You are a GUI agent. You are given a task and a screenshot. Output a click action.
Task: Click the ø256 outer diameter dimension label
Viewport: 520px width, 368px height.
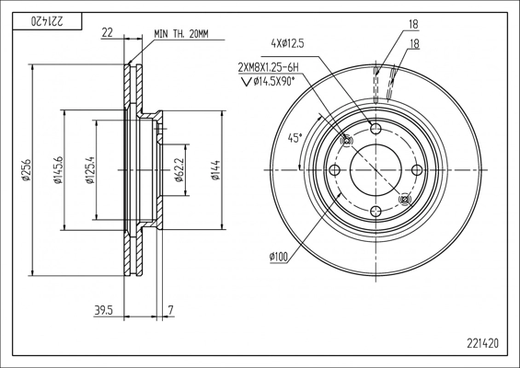(26, 170)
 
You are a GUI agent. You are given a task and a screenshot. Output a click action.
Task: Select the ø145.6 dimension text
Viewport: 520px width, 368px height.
(58, 170)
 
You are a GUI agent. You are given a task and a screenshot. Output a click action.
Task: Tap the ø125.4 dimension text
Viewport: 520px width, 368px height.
(90, 170)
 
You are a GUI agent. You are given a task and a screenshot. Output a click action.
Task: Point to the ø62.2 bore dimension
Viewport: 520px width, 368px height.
(179, 170)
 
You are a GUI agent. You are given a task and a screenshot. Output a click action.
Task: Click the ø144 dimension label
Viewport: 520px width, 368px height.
(215, 170)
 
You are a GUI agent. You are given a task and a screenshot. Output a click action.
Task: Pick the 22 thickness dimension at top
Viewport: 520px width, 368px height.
(107, 32)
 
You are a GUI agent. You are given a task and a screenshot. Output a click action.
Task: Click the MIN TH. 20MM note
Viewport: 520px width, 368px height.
(181, 34)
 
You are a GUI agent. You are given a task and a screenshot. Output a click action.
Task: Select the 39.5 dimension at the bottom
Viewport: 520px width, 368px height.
(104, 311)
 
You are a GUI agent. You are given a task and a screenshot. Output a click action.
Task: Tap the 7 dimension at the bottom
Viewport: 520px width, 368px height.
(171, 311)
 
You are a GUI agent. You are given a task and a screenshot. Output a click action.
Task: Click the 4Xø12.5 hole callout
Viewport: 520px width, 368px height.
(287, 43)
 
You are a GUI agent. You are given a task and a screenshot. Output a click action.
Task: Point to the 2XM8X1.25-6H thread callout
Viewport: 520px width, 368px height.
(268, 68)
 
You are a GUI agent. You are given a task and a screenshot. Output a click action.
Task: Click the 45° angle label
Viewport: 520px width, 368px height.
(295, 138)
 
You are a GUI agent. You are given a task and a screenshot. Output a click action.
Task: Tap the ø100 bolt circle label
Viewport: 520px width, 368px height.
(279, 257)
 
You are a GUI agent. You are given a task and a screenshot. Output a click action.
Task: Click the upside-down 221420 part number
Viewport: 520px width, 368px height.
(47, 21)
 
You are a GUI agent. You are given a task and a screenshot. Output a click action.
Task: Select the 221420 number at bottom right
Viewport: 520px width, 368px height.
(483, 343)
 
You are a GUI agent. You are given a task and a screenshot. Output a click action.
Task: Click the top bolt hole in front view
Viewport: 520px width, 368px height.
(376, 129)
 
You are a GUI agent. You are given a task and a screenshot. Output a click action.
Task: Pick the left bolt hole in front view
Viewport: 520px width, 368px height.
(335, 170)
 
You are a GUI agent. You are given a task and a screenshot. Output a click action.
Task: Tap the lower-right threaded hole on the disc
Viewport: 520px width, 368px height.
(405, 200)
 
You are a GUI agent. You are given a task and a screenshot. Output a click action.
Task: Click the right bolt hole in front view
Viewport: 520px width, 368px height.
(417, 170)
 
